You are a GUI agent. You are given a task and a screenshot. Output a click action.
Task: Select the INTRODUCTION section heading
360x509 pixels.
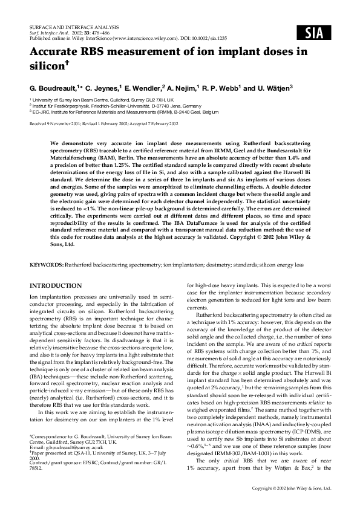pos(56,285)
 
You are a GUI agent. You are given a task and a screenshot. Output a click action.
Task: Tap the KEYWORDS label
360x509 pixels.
pos(48,265)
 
